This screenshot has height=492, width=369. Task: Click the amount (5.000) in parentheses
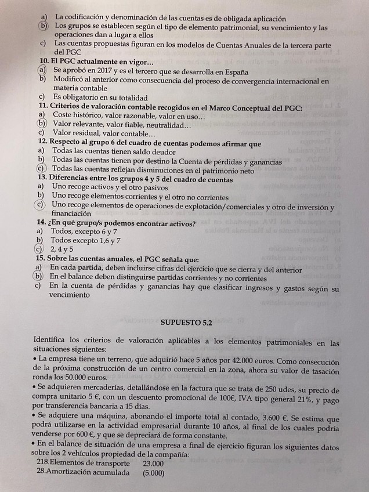coord(153,473)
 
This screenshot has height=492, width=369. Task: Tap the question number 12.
coord(42,143)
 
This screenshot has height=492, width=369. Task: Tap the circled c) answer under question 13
coord(39,205)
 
